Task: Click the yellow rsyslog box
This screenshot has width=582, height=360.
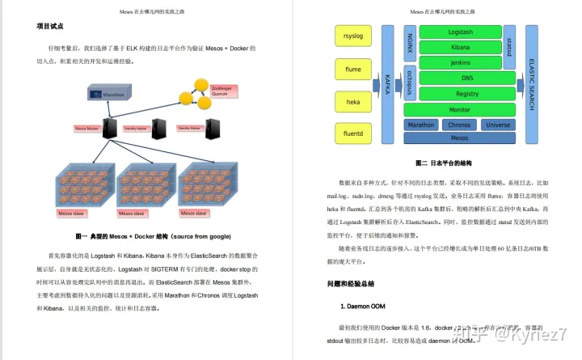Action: point(352,36)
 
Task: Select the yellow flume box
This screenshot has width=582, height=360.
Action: point(352,70)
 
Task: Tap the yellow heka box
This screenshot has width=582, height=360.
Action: point(352,102)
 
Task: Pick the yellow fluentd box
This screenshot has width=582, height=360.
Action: point(352,133)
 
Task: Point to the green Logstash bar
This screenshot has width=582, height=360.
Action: point(459,32)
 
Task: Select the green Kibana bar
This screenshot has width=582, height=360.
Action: point(459,48)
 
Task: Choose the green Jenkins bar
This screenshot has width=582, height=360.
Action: point(459,63)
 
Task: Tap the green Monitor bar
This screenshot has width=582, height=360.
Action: point(459,109)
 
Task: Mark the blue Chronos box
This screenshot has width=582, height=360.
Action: point(459,125)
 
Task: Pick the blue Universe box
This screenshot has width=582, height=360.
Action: point(498,125)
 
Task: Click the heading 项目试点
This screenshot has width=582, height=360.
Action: point(50,27)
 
